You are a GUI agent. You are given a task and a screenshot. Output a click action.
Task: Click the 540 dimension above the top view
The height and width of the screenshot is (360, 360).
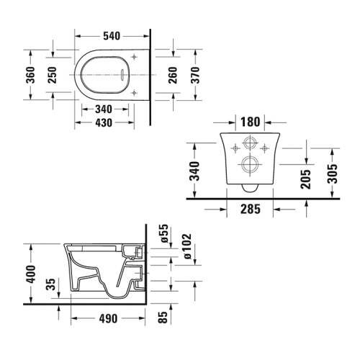point(111,34)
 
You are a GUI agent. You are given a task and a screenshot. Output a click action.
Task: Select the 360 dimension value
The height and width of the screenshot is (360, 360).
point(32,76)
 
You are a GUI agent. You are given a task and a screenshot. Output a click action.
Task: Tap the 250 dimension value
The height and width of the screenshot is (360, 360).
point(53,76)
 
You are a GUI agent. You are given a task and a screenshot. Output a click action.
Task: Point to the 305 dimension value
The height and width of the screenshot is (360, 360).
point(332,173)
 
